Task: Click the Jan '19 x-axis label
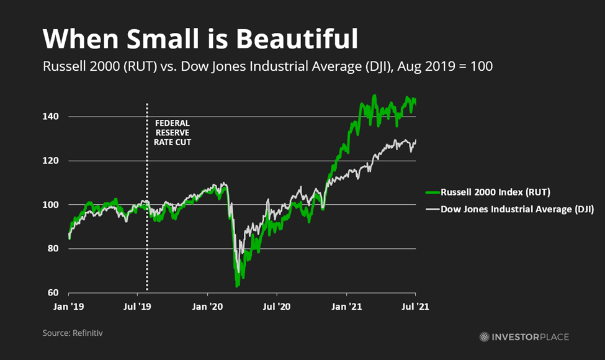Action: pos(68,306)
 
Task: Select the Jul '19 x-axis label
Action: pos(138,306)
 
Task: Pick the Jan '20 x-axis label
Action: pos(207,306)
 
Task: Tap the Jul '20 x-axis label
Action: pos(277,306)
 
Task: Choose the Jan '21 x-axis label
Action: pos(346,306)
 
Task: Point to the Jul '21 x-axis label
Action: pos(415,306)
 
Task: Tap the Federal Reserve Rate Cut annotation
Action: pos(173,132)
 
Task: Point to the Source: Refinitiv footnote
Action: pos(73,333)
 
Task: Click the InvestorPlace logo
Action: pos(524,337)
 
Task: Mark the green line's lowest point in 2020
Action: pos(237,286)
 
